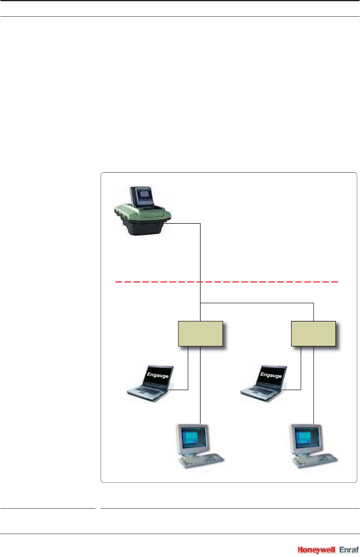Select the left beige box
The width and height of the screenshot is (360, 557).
point(200,334)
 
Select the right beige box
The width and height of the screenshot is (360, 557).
point(313,334)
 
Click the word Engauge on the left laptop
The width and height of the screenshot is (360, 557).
point(158,375)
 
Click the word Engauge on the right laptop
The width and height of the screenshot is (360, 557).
point(271,375)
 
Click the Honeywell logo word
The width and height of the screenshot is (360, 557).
point(316,550)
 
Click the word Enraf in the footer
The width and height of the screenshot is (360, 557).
point(349,550)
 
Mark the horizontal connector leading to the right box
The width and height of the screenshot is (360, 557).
point(258,303)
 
